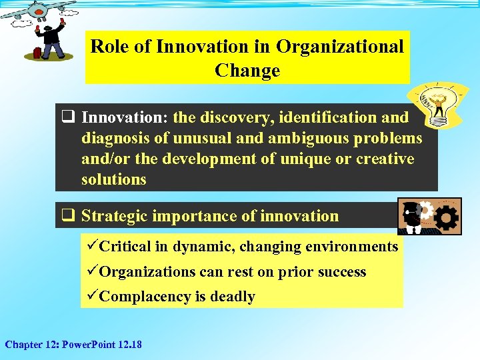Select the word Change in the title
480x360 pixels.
point(247,71)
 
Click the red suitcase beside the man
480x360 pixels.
point(39,51)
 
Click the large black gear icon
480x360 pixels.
point(445,218)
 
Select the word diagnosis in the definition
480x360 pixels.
point(116,138)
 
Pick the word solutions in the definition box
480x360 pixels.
point(113,179)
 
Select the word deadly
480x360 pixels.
point(233,297)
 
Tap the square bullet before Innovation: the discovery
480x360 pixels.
point(67,118)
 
